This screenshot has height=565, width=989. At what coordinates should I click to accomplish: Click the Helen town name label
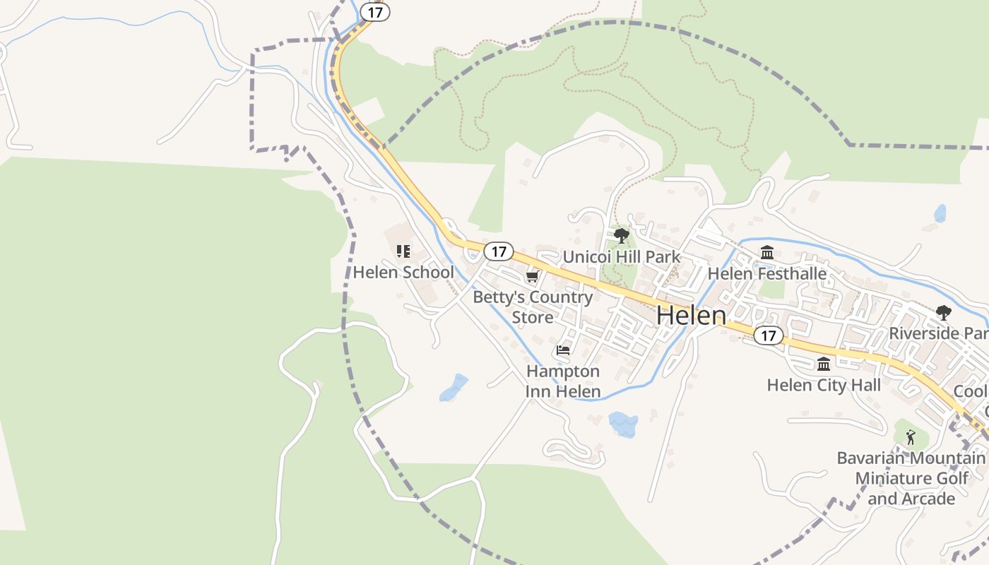[691, 316]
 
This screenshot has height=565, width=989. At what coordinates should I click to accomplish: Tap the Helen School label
[403, 272]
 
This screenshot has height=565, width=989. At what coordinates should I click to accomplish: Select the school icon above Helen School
[403, 251]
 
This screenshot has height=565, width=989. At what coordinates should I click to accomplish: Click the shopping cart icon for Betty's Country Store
[532, 276]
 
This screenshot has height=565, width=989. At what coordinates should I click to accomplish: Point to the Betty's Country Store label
[533, 307]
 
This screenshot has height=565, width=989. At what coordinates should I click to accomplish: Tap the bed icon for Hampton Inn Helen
[563, 350]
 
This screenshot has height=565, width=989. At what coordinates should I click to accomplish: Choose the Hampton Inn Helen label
[563, 381]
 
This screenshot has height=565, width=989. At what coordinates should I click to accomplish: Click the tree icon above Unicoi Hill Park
[622, 235]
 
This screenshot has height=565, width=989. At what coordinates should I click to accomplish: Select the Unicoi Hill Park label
[622, 256]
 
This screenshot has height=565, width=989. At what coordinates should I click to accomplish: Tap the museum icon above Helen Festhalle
[767, 252]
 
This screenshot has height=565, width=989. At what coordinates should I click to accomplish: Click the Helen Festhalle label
[767, 273]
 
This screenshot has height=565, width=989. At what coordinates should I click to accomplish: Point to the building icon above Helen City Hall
[824, 364]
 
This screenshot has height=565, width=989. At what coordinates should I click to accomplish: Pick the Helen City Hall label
[824, 385]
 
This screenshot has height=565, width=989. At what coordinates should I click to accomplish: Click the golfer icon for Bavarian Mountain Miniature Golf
[911, 437]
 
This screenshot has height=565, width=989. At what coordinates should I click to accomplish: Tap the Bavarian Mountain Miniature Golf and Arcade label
[911, 478]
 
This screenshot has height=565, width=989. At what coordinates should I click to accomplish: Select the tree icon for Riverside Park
[943, 312]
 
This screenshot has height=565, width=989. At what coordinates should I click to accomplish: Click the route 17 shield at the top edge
[374, 12]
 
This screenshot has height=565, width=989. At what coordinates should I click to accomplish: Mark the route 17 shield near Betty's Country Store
[499, 251]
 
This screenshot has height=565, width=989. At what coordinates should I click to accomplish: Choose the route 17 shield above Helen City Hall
[768, 335]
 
